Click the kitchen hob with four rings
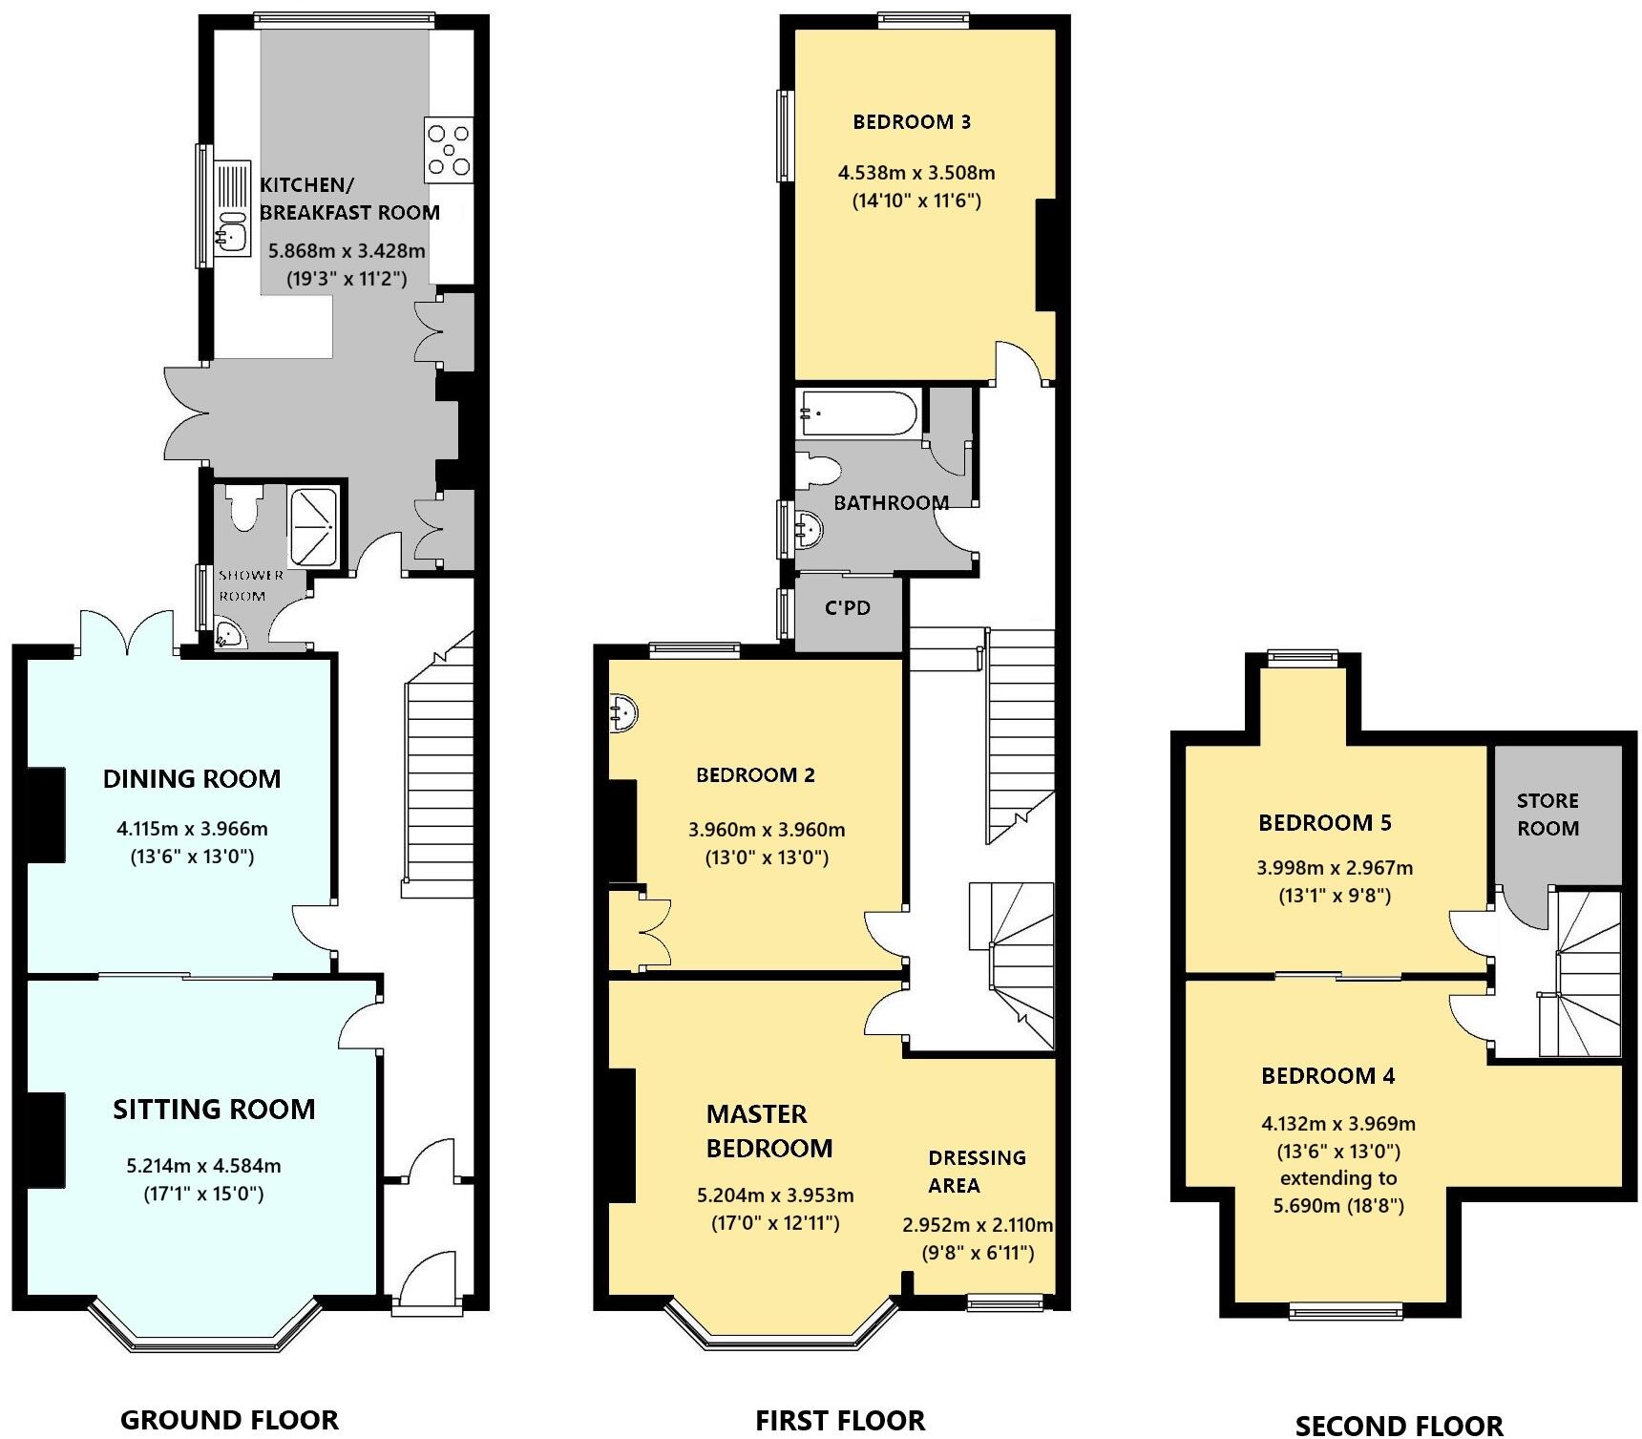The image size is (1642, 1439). click(x=449, y=149)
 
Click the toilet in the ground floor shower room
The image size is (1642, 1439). click(x=244, y=507)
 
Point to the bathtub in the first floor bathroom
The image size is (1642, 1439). click(x=858, y=413)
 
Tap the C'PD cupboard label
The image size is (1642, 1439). click(x=848, y=608)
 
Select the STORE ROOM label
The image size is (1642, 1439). click(x=1547, y=815)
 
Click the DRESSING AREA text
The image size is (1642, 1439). click(x=976, y=1171)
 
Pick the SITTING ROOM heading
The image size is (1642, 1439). click(x=214, y=1109)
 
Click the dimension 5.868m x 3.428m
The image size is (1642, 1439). click(x=347, y=251)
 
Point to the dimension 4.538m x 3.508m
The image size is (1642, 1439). click(x=916, y=173)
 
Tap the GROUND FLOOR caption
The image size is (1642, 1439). click(x=229, y=1420)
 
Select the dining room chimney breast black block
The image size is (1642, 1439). click(x=45, y=815)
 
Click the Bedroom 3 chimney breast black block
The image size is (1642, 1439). click(x=1045, y=254)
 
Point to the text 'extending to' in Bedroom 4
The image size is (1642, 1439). click(x=1337, y=1178)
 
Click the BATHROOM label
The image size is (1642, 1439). click(x=891, y=502)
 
